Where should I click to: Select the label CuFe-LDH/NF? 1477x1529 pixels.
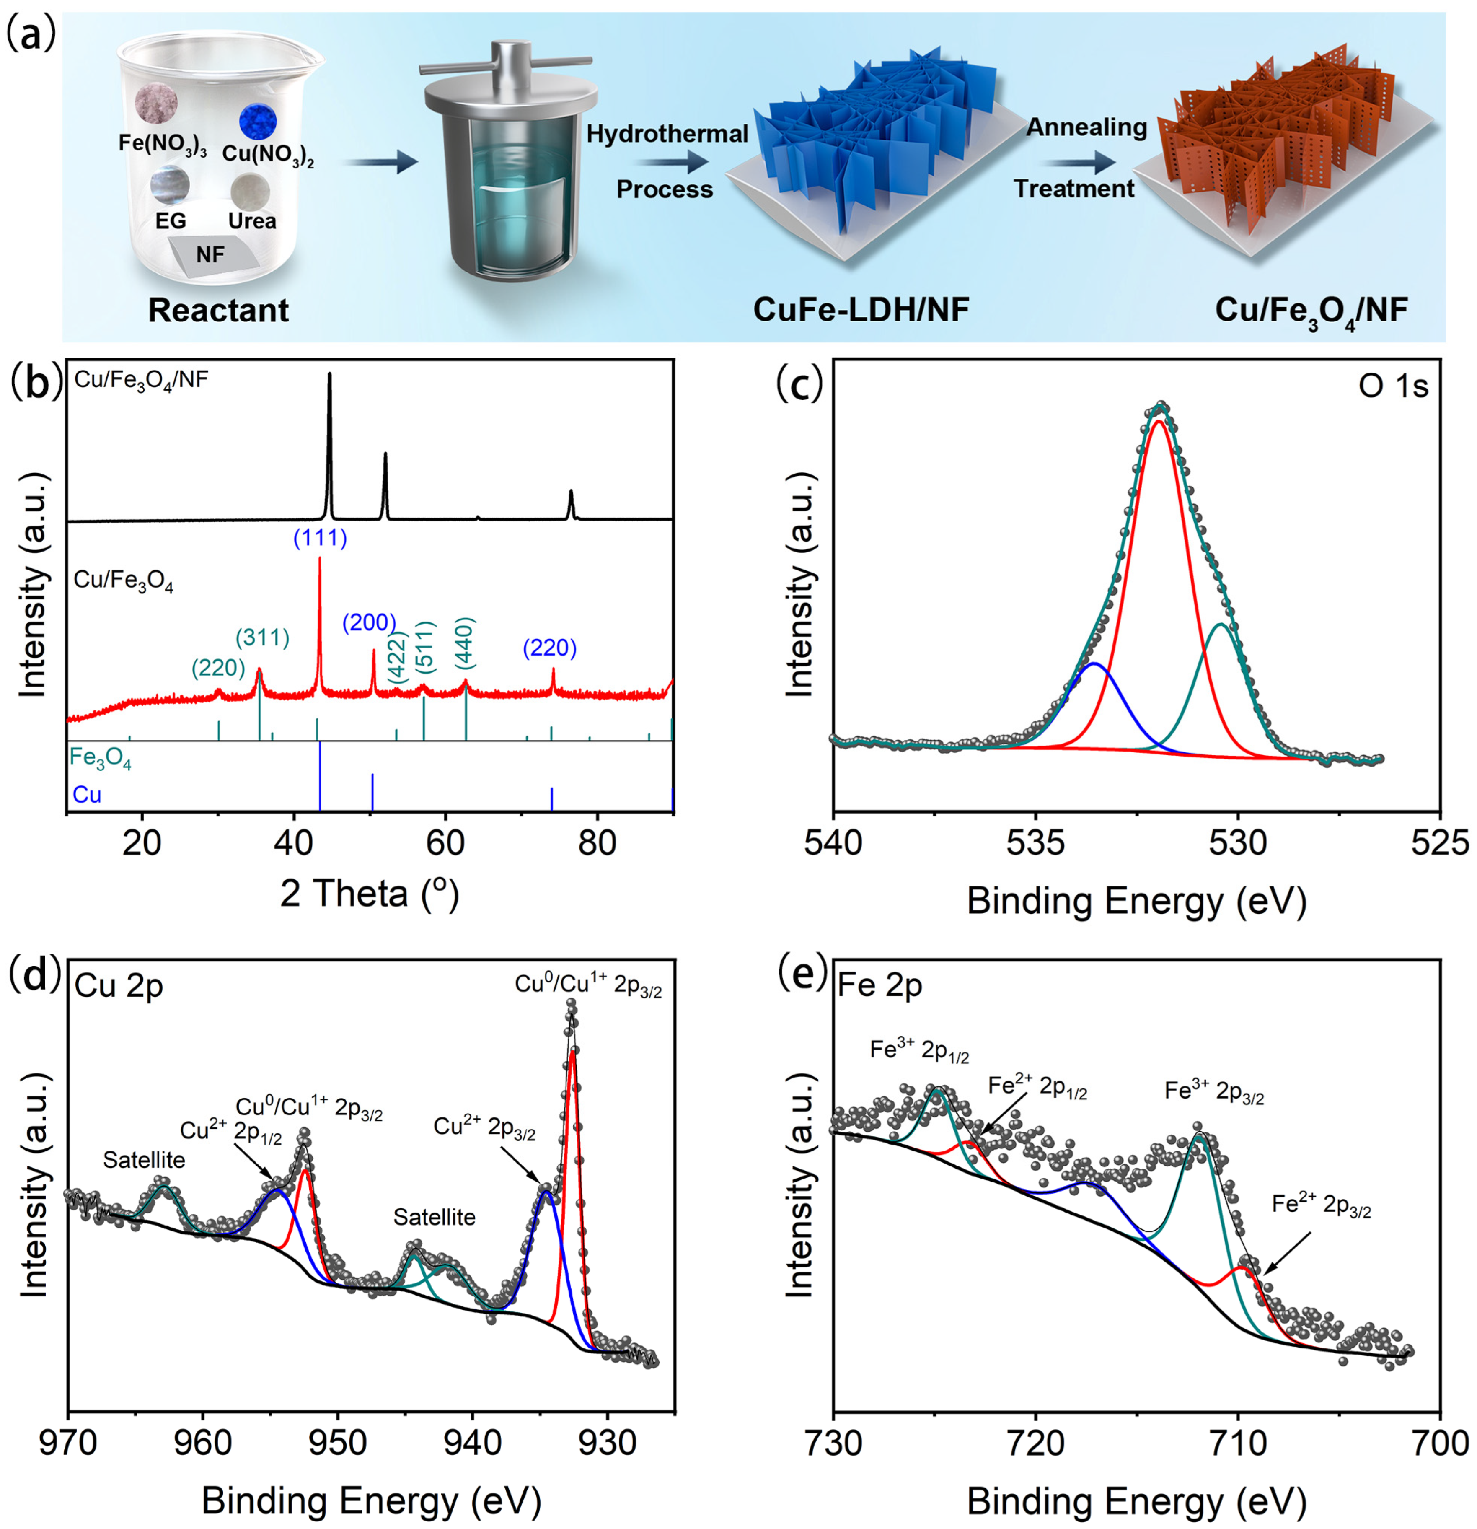pyautogui.click(x=861, y=310)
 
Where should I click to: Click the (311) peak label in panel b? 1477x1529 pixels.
pyautogui.click(x=263, y=638)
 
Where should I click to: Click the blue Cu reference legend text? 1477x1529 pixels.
pyautogui.click(x=87, y=795)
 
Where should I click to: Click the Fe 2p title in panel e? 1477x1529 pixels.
pyautogui.click(x=879, y=986)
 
